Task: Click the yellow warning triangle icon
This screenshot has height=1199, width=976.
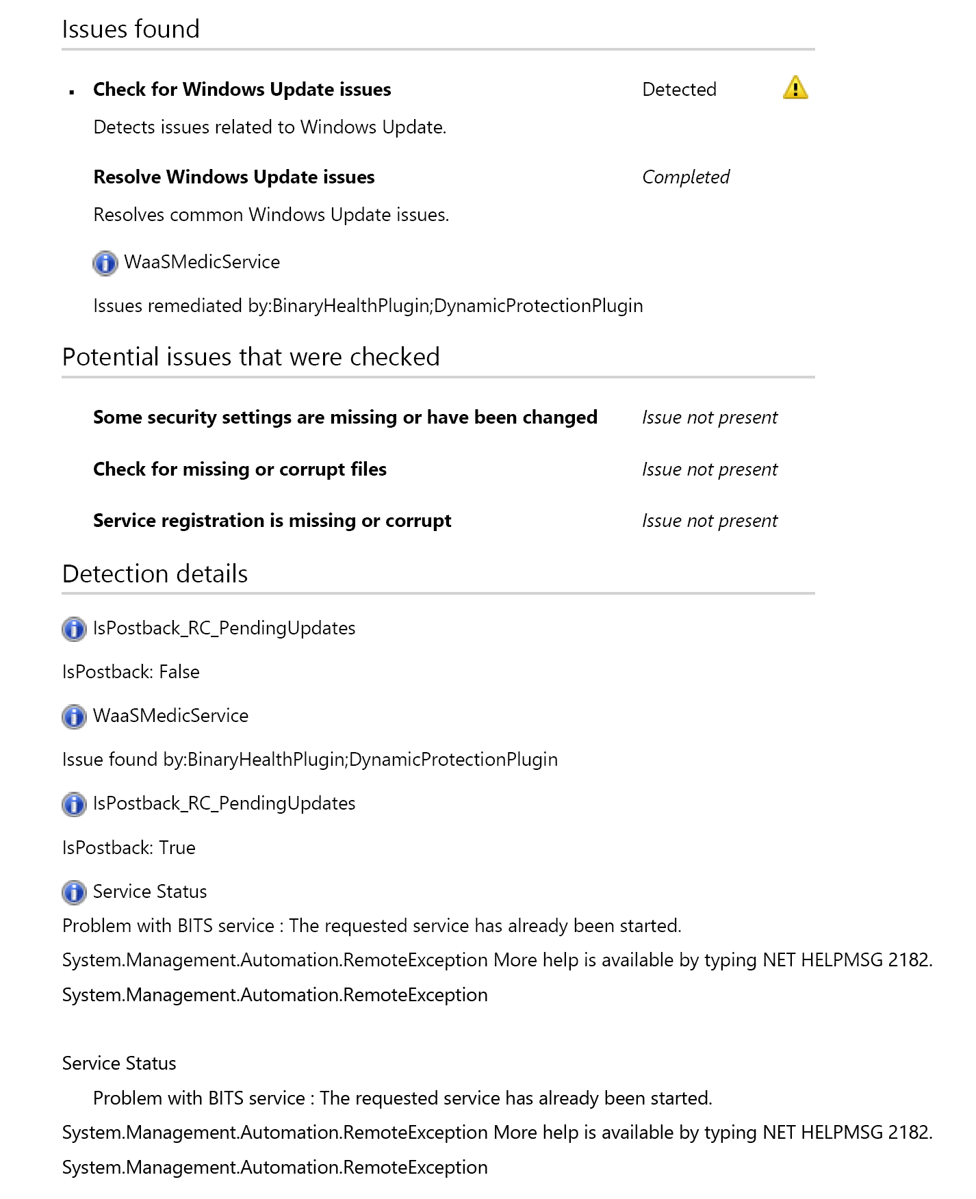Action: (x=795, y=88)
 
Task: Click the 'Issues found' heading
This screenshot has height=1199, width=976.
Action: (x=131, y=29)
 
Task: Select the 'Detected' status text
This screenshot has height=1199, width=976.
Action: (x=679, y=90)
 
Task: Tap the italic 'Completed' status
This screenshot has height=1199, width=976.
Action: (x=685, y=177)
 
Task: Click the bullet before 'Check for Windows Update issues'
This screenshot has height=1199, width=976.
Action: (x=72, y=91)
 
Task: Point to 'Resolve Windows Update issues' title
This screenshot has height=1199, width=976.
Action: (x=233, y=177)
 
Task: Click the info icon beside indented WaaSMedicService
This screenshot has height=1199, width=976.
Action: (x=105, y=263)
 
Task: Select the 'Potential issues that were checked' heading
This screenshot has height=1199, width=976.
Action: (x=251, y=357)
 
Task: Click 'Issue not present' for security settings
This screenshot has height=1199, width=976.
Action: (x=709, y=417)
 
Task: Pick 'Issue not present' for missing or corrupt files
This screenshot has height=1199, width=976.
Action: (x=709, y=469)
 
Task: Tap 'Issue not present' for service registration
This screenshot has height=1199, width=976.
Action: (x=709, y=521)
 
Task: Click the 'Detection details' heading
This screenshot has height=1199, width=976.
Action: (x=155, y=574)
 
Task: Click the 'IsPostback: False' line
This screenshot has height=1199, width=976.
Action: (x=131, y=672)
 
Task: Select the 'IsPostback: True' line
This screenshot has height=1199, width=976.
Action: (x=129, y=848)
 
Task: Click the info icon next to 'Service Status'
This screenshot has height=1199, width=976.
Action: (x=74, y=892)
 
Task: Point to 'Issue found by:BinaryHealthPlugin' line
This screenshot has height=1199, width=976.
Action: (x=309, y=760)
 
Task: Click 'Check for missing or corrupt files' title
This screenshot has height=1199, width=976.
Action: (x=240, y=469)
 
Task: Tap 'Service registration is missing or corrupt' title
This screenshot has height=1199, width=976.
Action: (x=272, y=521)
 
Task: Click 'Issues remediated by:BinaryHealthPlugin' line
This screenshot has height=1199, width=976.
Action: (x=368, y=306)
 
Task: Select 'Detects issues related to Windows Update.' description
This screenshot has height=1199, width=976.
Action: (x=270, y=127)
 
